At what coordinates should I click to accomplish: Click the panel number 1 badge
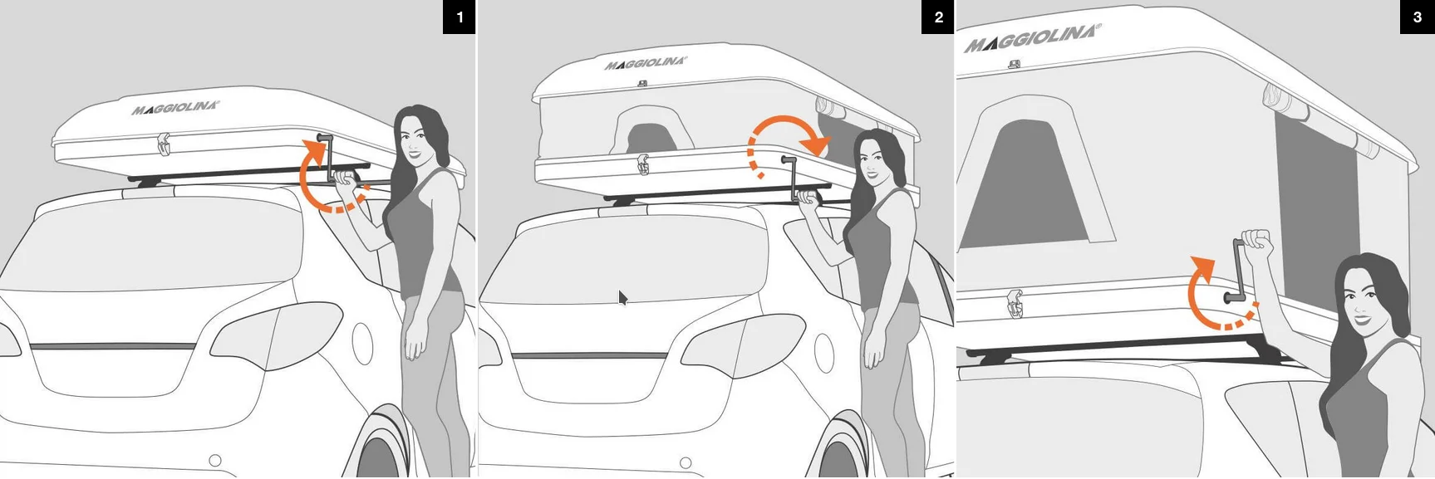(459, 17)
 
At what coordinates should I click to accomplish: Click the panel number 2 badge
(938, 17)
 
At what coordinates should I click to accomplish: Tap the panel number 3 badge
(1417, 17)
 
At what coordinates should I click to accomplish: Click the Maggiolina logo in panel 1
(175, 108)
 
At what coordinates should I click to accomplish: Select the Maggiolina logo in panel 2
(646, 63)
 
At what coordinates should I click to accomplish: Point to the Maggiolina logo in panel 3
(1032, 38)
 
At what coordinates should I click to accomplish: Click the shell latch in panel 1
(164, 144)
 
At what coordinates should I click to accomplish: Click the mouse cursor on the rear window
(623, 298)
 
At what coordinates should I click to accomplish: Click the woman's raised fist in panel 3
(1257, 243)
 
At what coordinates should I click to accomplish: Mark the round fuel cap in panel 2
(824, 353)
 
